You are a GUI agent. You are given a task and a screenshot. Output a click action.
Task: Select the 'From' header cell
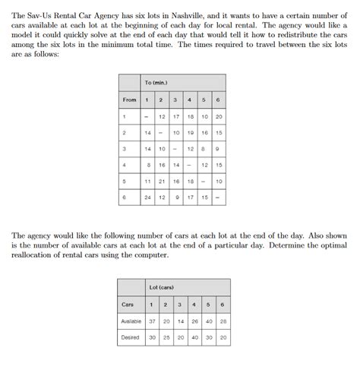(x=130, y=100)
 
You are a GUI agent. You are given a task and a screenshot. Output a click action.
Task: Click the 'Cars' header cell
(x=128, y=304)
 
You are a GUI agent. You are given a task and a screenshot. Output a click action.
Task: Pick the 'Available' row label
(x=131, y=321)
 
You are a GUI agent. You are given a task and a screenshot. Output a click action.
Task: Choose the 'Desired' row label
(x=131, y=337)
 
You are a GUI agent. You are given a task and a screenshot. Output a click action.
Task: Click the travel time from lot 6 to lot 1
(x=148, y=198)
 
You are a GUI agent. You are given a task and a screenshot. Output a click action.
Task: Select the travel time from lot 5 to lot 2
(x=162, y=182)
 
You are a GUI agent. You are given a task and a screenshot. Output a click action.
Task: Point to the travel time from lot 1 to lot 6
(x=219, y=116)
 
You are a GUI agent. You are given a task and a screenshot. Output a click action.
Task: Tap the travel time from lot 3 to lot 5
(x=204, y=149)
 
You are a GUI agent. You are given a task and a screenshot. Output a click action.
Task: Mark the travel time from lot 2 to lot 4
(x=191, y=132)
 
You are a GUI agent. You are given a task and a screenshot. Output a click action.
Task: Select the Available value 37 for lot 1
(x=152, y=321)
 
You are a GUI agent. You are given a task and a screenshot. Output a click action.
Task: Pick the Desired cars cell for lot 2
(x=166, y=337)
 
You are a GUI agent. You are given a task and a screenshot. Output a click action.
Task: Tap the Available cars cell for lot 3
(x=181, y=321)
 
